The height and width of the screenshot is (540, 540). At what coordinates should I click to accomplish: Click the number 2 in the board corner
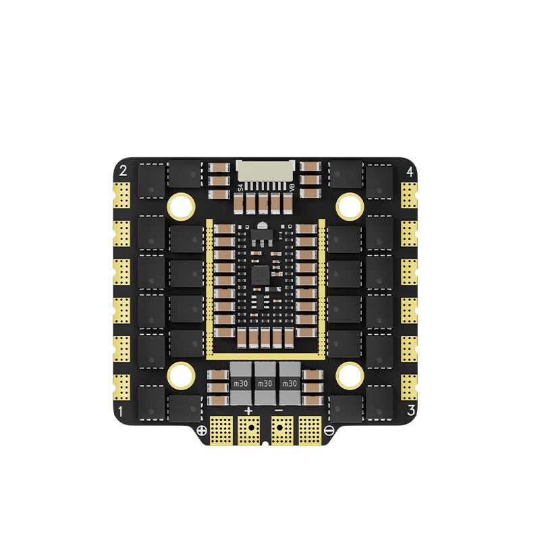click(x=123, y=171)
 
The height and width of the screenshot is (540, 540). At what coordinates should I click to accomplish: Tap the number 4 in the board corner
click(x=410, y=171)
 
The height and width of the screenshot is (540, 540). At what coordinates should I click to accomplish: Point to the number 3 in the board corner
click(x=410, y=410)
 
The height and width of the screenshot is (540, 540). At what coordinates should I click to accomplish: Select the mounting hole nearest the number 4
click(x=350, y=202)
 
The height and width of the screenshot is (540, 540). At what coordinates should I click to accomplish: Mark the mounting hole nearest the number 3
click(x=350, y=374)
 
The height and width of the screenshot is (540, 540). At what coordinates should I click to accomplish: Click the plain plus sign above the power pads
click(x=248, y=411)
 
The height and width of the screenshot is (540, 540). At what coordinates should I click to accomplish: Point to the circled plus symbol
click(x=200, y=431)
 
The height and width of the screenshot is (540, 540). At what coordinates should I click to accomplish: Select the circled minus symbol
click(x=329, y=431)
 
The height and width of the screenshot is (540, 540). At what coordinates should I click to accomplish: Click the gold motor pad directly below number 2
click(x=122, y=195)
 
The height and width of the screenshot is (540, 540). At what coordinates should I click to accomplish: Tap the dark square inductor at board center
click(x=259, y=273)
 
